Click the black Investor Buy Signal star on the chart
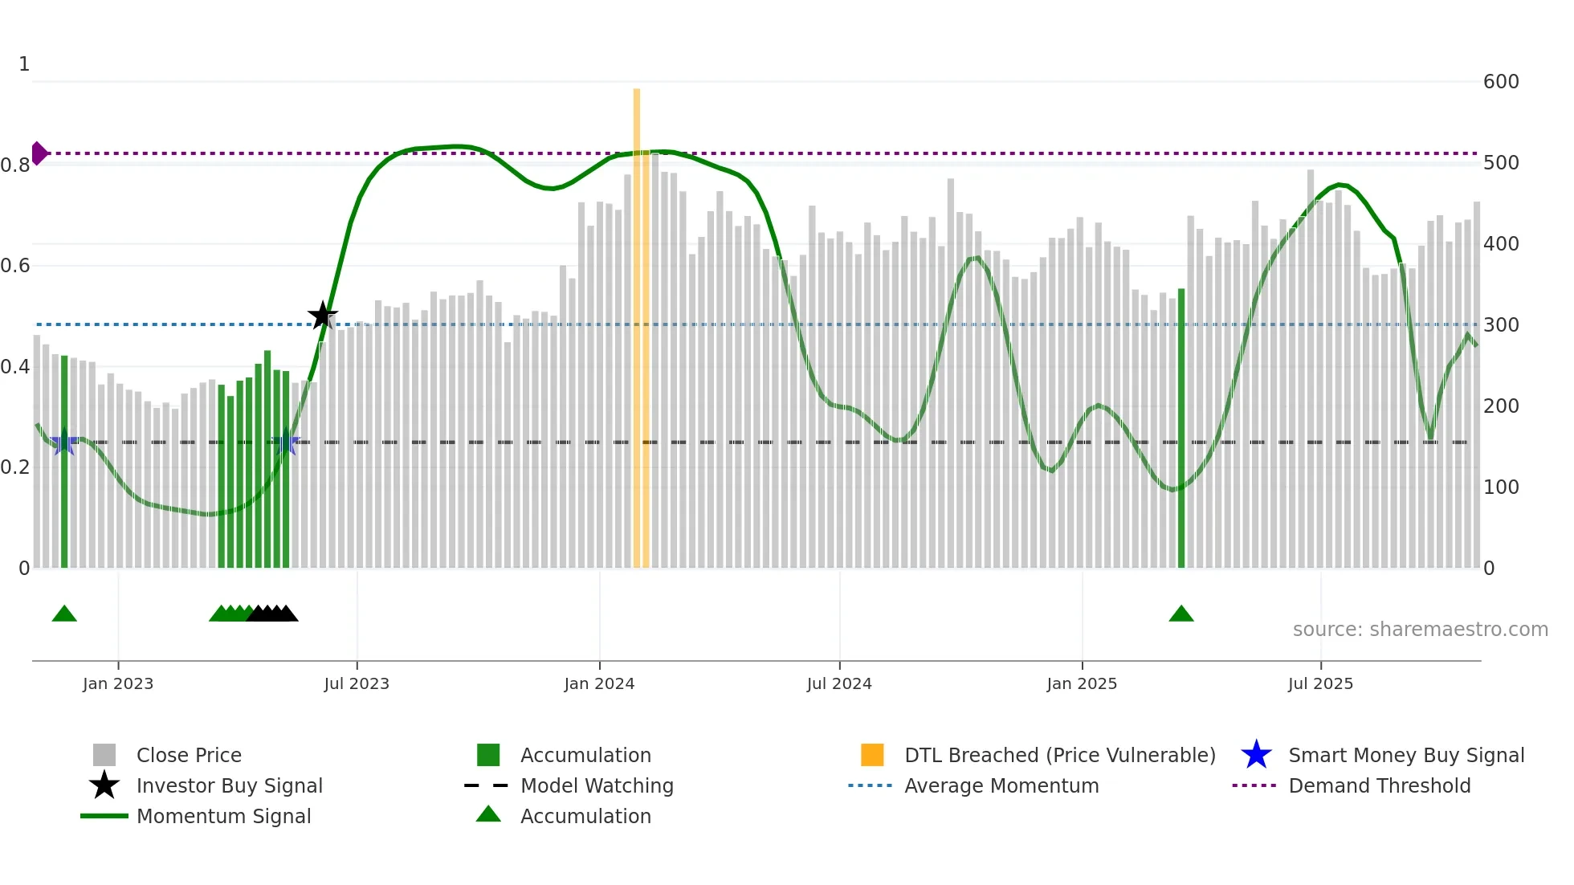tap(323, 316)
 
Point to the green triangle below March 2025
tap(1181, 614)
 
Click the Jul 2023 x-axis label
tap(357, 683)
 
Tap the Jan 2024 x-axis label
tap(599, 683)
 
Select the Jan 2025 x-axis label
tap(1082, 683)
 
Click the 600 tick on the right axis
tap(1501, 82)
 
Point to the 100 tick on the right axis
tap(1501, 487)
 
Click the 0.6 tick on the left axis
tap(15, 266)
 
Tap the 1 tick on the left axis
tap(24, 64)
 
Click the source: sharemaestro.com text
tap(1420, 630)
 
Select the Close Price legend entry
tap(189, 755)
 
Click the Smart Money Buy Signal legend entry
tap(1405, 755)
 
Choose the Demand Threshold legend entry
tap(1379, 785)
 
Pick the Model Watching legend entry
tap(597, 785)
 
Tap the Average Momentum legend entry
tap(1001, 785)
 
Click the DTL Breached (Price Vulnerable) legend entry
tap(1059, 755)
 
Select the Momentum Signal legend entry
tap(223, 816)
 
